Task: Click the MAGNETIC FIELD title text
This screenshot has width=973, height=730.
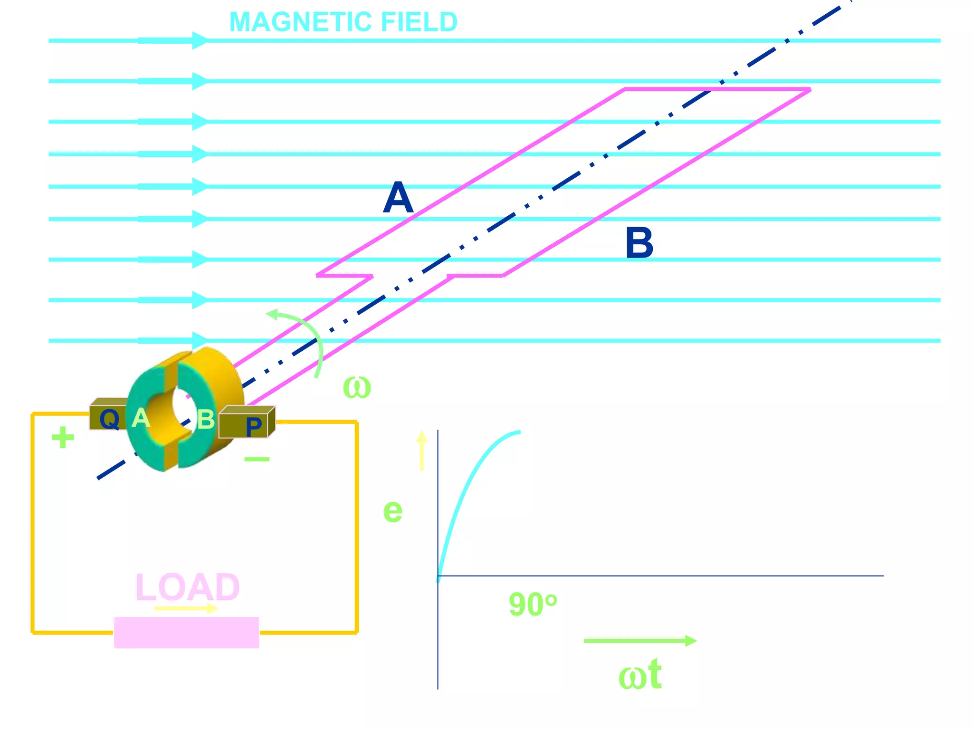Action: pos(343,22)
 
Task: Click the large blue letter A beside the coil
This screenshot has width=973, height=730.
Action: pos(398,198)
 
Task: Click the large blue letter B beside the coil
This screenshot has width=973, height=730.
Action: pos(639,243)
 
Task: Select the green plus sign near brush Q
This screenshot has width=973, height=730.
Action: pos(63,437)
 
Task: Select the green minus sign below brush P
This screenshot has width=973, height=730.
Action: pos(257,459)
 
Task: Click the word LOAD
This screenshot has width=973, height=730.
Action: pos(188,587)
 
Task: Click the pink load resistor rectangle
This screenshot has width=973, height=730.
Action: pos(186,633)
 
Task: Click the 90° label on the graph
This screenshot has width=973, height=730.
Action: pos(532,605)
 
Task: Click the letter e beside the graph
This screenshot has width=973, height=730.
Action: pos(392,511)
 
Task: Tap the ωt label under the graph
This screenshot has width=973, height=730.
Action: pos(640,675)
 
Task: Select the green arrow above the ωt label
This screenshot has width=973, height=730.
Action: pos(639,641)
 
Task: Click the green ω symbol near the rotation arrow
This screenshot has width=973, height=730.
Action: pos(357,387)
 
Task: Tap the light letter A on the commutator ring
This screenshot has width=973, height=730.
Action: pos(141,418)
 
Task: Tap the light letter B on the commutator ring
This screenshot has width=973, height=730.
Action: pos(206,420)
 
